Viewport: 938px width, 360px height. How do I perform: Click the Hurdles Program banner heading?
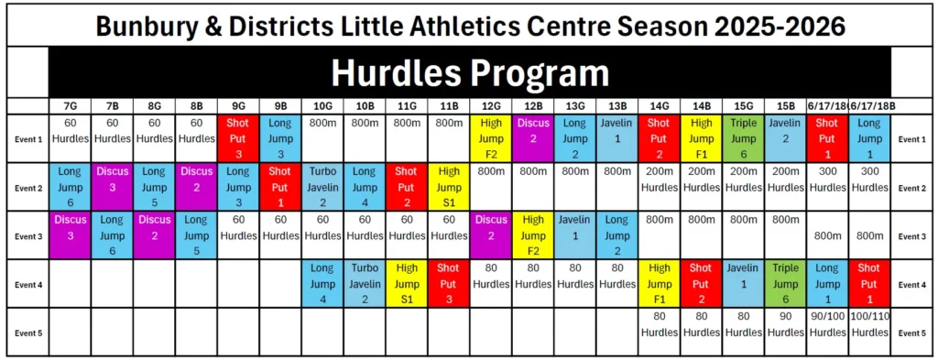pos(470,73)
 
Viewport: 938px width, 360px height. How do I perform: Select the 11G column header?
pos(407,106)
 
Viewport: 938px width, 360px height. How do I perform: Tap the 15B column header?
pos(785,106)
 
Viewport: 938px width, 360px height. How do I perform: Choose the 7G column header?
pos(70,106)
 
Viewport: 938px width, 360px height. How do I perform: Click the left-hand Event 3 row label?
pos(27,236)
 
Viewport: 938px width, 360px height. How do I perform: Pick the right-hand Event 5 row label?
pos(911,333)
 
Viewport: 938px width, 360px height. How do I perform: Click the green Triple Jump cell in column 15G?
pos(744,138)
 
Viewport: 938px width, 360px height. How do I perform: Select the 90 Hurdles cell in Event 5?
pos(785,324)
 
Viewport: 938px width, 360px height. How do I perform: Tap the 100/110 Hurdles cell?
pos(869,324)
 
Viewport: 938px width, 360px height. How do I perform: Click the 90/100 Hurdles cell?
pos(827,324)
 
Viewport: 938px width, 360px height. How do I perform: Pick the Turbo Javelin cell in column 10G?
pos(322,187)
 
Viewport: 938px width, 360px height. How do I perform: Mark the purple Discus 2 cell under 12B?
pos(533,138)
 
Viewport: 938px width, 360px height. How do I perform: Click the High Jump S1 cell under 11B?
pos(449,187)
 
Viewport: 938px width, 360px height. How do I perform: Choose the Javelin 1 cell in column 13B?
pos(617,138)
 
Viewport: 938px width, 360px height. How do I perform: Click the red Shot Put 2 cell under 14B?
pos(701,283)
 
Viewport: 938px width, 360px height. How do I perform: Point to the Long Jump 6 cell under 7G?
pos(70,187)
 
